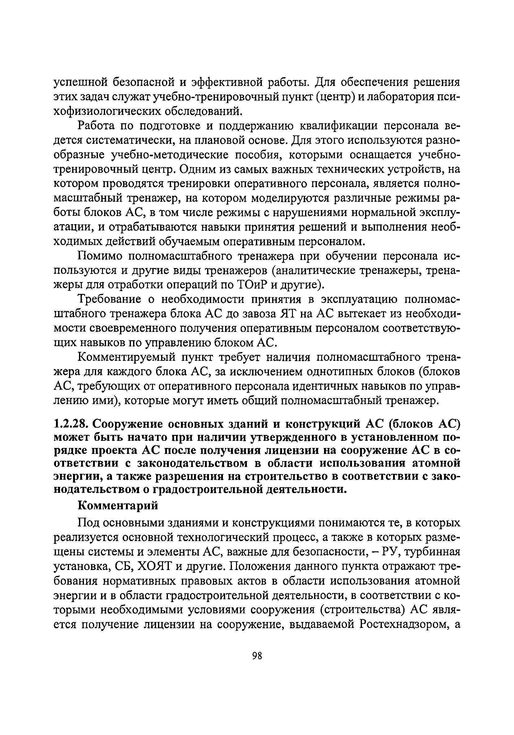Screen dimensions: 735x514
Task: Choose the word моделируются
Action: pyautogui.click(x=290, y=198)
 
